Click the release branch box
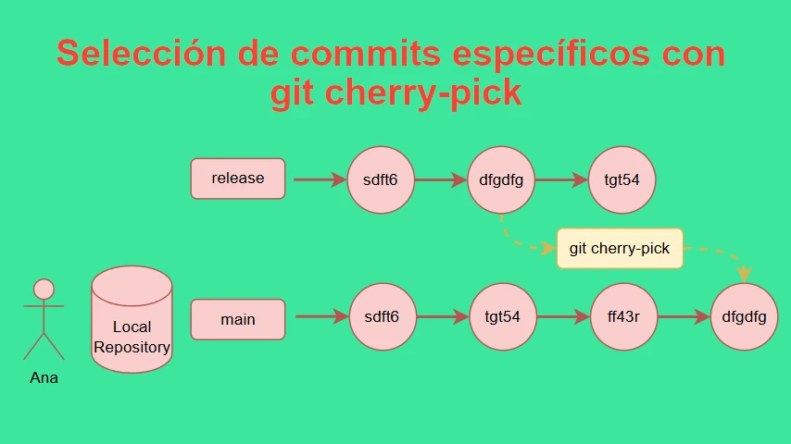(x=238, y=179)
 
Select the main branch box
(x=238, y=319)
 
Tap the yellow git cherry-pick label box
(x=620, y=249)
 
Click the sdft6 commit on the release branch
(x=381, y=180)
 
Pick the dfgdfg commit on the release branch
(x=501, y=180)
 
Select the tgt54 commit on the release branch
(x=622, y=180)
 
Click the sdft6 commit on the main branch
(x=383, y=316)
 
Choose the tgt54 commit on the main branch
(x=502, y=316)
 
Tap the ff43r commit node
(x=623, y=316)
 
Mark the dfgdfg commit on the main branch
(x=744, y=316)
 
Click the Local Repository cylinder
(x=132, y=319)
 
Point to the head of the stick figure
(x=44, y=290)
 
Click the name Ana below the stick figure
(x=44, y=377)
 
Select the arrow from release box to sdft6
(x=320, y=179)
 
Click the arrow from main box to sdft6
(x=321, y=316)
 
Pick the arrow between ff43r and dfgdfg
(x=684, y=316)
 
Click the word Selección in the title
(x=141, y=53)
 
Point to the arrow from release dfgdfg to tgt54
(x=561, y=179)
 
